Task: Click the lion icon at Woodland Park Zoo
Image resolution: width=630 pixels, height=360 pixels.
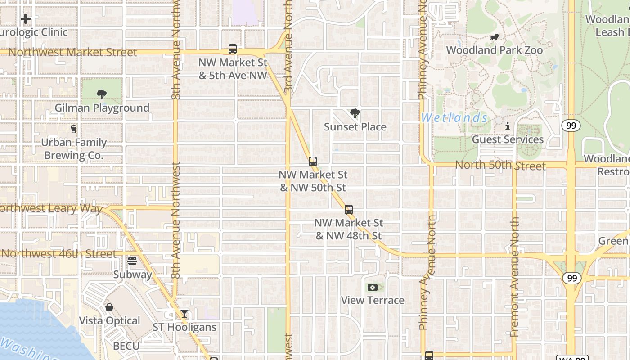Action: pos(495,37)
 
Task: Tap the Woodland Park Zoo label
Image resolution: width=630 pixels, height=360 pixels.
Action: pos(495,50)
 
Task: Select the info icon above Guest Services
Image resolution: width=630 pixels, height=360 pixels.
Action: pos(508,126)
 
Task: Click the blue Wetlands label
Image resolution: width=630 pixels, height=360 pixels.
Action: pos(454,118)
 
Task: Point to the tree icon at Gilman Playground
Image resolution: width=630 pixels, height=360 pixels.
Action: pos(102,94)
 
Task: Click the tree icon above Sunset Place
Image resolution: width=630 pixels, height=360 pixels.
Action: pos(355,113)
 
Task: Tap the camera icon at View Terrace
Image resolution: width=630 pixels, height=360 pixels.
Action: pos(373,287)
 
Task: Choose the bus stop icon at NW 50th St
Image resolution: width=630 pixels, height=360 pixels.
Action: pos(313,161)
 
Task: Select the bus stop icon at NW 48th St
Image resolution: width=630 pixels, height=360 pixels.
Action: pos(349,209)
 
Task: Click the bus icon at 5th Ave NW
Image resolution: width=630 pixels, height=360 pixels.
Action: pos(233,49)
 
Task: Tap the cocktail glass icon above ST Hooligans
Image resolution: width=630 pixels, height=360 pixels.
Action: pos(184,314)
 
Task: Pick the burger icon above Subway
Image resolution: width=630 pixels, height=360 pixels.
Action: pos(132,261)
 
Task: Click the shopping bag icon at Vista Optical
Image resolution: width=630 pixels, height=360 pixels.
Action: pos(109,307)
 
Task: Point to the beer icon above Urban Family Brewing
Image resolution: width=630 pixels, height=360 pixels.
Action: pos(74,129)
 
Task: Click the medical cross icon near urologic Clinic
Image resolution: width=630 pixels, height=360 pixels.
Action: pos(26,19)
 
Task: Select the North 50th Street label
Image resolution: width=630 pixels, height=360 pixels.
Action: pos(500,165)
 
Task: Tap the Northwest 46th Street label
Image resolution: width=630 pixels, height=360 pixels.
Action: pos(59,253)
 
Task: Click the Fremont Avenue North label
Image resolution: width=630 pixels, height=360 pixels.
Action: pos(515,277)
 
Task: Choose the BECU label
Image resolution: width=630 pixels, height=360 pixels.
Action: pos(126,346)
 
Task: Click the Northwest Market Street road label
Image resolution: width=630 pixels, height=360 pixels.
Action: pos(72,52)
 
